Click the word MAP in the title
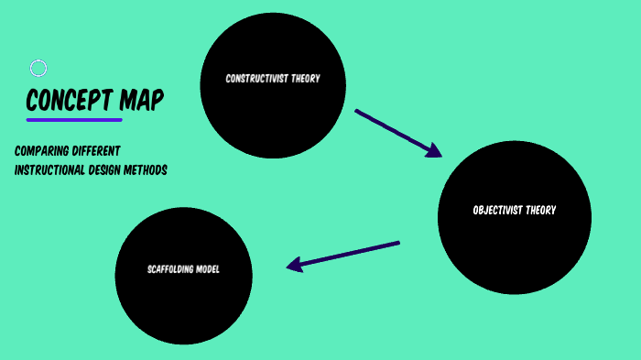click(143, 100)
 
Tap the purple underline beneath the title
click(74, 120)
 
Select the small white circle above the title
click(38, 68)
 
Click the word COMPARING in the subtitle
click(40, 150)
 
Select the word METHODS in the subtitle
click(149, 169)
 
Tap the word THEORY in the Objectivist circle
click(541, 210)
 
